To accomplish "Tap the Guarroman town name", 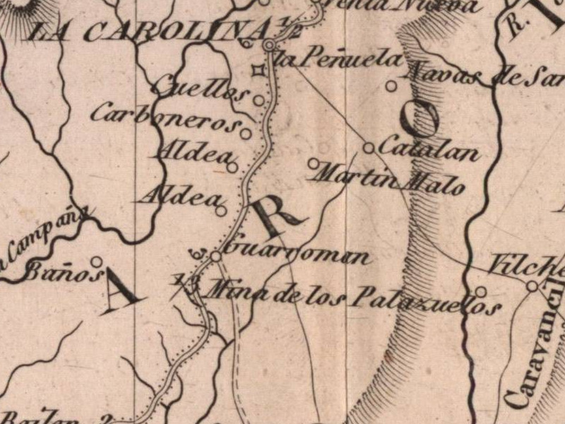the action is (x=300, y=252).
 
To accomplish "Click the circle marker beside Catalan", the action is (x=368, y=148).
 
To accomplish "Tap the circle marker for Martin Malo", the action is (x=314, y=163).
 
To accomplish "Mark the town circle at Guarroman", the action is (x=216, y=256).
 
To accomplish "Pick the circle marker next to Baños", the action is (x=96, y=261).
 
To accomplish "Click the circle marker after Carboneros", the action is (x=245, y=133).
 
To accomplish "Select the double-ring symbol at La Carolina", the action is (x=269, y=46).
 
